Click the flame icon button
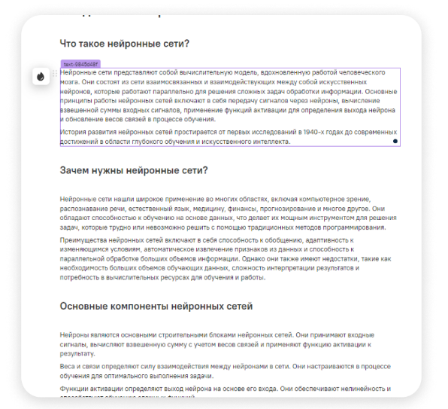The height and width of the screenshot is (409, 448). tap(40, 76)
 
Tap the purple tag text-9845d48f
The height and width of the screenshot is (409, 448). tap(80, 64)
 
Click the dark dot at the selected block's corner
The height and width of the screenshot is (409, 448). tap(395, 141)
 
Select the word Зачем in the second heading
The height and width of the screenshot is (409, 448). tap(77, 170)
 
